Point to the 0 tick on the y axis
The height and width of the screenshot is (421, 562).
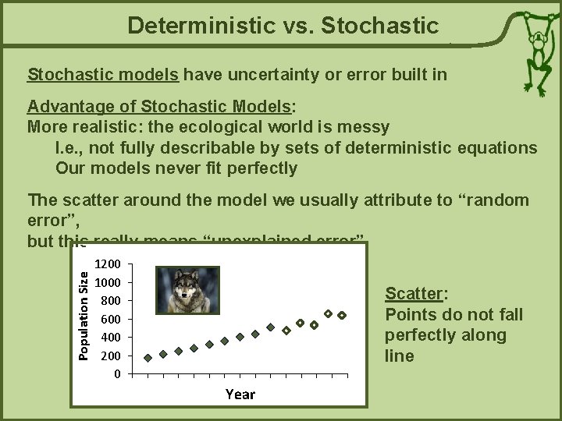pos(117,373)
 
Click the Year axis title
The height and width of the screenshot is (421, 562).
pos(240,394)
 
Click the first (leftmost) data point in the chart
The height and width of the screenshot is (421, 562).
pos(148,358)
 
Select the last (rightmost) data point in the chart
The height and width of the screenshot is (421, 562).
pos(342,315)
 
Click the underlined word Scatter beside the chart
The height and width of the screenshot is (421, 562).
pos(414,294)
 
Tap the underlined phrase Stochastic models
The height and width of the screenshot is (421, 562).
pos(104,75)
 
